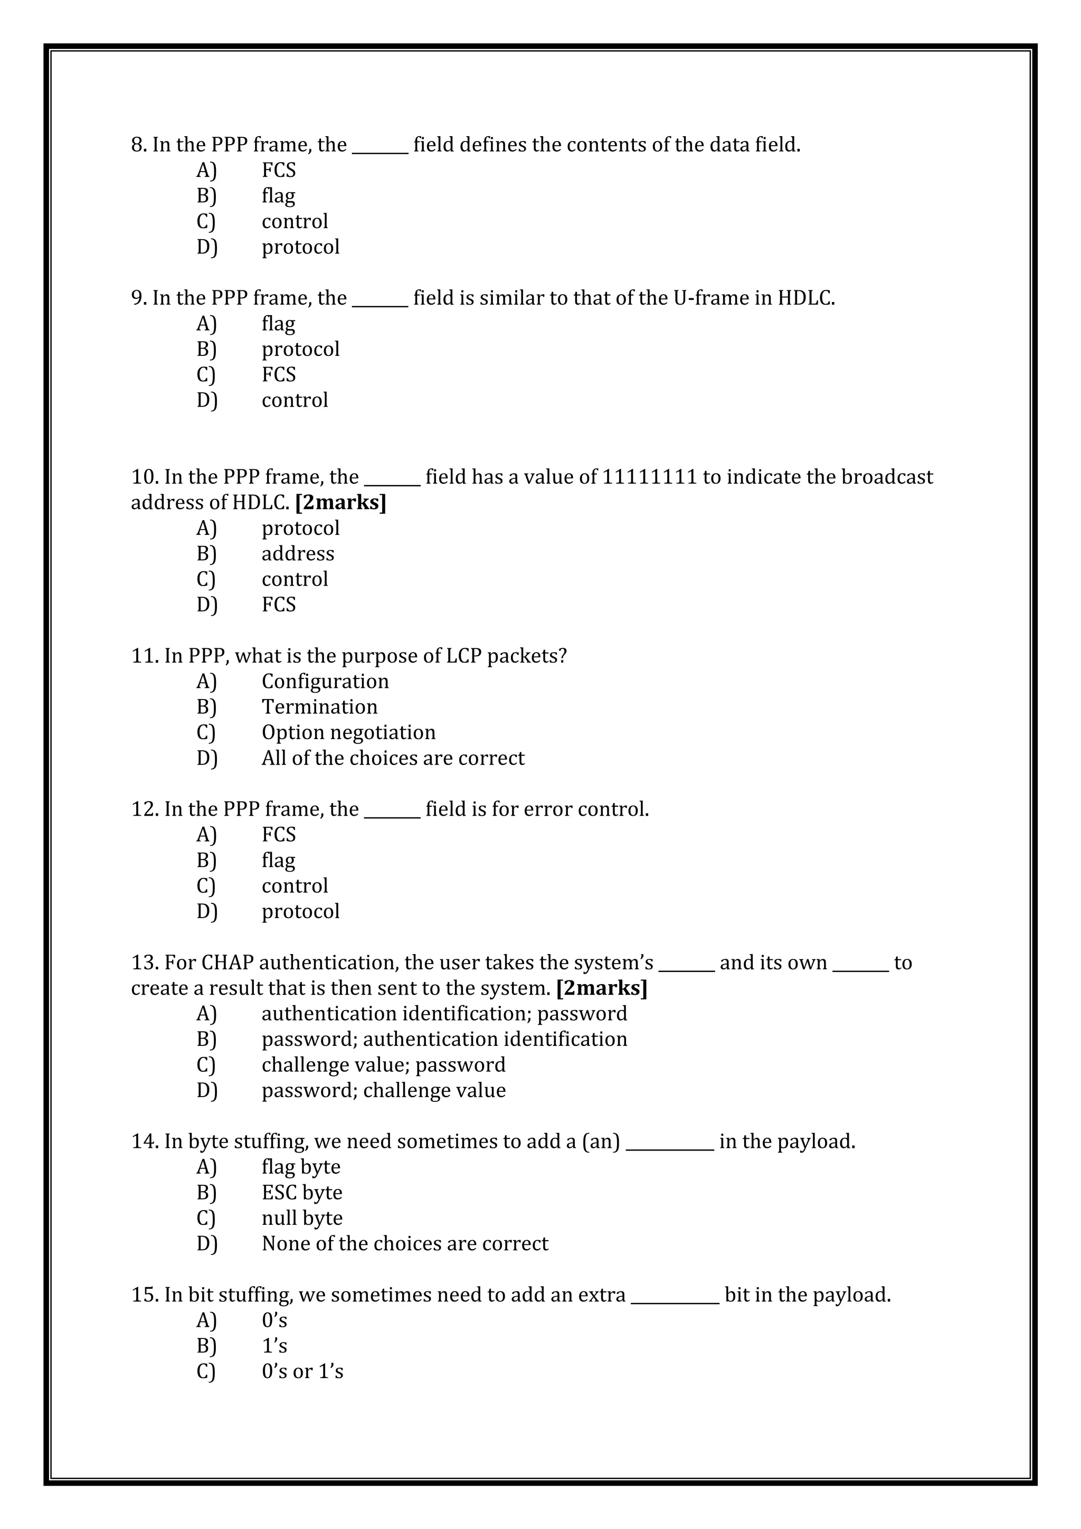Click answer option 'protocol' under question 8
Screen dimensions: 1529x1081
(300, 247)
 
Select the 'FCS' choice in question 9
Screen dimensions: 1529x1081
(278, 375)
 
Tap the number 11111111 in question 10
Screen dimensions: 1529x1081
(649, 477)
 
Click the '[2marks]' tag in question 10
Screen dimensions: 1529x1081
(340, 503)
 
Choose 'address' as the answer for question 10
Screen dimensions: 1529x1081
(298, 554)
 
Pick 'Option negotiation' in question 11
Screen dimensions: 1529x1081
(348, 732)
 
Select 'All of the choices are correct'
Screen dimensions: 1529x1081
(393, 759)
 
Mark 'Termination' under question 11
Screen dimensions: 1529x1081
(319, 707)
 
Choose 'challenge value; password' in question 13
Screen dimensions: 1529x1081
(383, 1065)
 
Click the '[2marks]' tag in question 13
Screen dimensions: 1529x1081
(602, 988)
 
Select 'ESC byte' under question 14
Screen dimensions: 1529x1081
(301, 1193)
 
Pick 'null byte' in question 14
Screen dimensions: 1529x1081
(301, 1218)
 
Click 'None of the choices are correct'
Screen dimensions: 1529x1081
(405, 1244)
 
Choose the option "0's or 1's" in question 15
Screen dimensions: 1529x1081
(302, 1372)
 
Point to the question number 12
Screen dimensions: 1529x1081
(144, 810)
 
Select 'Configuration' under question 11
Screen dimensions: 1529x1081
(325, 682)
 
